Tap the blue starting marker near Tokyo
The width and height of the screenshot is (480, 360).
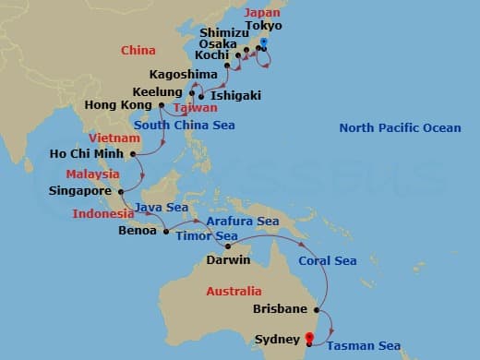[263, 43]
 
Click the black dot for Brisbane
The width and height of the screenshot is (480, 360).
[317, 310]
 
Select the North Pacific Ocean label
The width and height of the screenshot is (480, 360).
[399, 127]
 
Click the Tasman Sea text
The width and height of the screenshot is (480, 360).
[363, 346]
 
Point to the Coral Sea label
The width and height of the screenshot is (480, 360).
[327, 261]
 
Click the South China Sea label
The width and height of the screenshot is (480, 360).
[185, 125]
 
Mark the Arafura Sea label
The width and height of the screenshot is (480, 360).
[244, 222]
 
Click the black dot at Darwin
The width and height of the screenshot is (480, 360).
[227, 246]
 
